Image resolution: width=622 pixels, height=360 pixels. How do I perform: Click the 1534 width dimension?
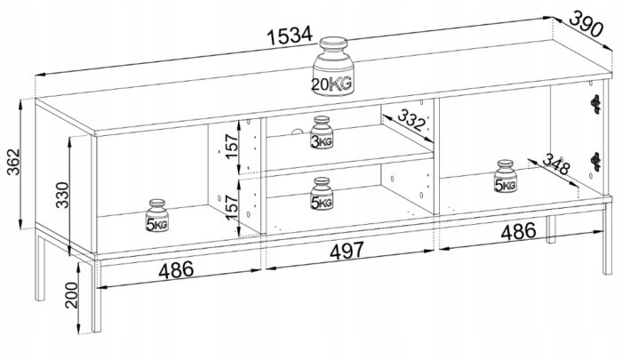290,36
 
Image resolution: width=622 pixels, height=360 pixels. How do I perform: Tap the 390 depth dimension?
586,24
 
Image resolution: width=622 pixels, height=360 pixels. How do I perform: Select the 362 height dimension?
14,162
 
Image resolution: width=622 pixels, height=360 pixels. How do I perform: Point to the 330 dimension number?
62,195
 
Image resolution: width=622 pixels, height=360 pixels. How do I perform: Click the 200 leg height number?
72,295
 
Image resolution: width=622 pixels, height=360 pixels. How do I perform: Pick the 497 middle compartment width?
347,251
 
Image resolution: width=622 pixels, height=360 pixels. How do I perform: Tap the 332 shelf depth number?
411,120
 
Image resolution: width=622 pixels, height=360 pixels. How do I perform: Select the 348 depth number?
556,164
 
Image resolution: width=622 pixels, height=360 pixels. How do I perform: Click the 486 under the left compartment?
176,270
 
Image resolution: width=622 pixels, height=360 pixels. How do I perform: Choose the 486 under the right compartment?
518,231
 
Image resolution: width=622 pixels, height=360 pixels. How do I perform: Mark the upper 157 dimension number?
232,146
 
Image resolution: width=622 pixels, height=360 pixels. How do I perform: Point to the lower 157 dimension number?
232,206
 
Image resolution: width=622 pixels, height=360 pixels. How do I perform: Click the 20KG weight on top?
333,67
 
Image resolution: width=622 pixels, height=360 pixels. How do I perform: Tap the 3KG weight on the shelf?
322,132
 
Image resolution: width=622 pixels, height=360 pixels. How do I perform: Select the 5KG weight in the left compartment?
157,215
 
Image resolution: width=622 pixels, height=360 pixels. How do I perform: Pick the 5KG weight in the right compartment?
506,176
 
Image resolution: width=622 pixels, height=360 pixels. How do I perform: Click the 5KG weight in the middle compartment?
322,194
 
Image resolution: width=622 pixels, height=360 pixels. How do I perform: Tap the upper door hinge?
595,104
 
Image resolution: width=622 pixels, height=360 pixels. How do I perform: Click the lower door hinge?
595,162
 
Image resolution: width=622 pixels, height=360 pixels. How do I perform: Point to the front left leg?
96,296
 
